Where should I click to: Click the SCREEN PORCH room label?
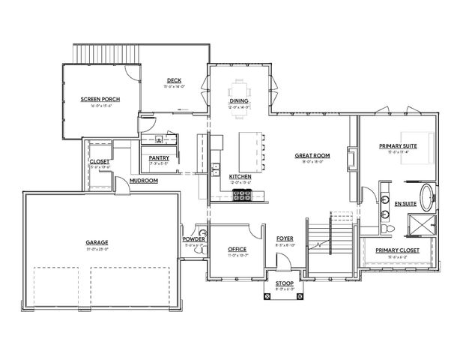pyautogui.click(x=100, y=99)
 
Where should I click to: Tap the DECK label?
pyautogui.click(x=174, y=80)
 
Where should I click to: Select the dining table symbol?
pyautogui.click(x=240, y=87)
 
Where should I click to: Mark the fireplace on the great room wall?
pyautogui.click(x=351, y=158)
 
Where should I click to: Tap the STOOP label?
pyautogui.click(x=274, y=283)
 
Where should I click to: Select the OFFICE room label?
pyautogui.click(x=237, y=248)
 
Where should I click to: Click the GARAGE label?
pyautogui.click(x=97, y=242)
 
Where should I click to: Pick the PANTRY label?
pyautogui.click(x=159, y=158)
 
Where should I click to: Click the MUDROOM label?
pyautogui.click(x=143, y=181)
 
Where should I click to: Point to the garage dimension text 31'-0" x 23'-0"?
pyautogui.click(x=97, y=249)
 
